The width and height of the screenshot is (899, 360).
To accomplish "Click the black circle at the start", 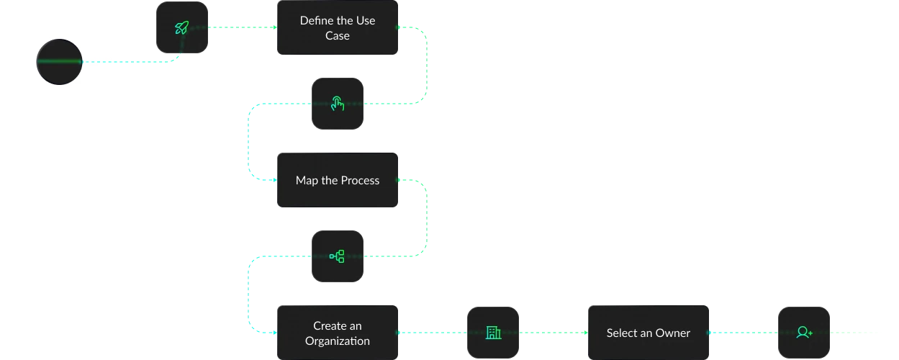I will click(x=60, y=62).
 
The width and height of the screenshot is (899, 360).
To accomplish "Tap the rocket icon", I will click(x=182, y=27).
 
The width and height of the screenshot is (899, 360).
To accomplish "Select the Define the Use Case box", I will click(x=338, y=28).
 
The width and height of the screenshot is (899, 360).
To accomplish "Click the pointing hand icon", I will click(x=338, y=104).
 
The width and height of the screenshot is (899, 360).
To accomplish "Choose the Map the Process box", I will click(x=338, y=180).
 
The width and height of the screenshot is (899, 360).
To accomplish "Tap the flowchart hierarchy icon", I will click(x=338, y=256).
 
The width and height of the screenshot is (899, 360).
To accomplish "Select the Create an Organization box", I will click(x=338, y=333).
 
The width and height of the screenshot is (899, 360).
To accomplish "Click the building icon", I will click(x=493, y=333).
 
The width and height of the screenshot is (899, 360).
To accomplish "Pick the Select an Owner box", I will click(x=649, y=333).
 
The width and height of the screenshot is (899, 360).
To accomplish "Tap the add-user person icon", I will click(x=804, y=333).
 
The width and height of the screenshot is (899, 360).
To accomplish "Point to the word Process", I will click(x=361, y=180).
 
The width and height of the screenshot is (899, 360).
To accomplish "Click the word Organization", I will click(x=338, y=341).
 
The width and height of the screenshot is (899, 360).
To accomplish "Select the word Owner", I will click(x=672, y=333).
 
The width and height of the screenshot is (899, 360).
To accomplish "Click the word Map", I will click(x=307, y=180).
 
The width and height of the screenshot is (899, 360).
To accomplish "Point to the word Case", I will click(x=338, y=36).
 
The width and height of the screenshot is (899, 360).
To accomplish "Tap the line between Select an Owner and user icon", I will click(x=745, y=332).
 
